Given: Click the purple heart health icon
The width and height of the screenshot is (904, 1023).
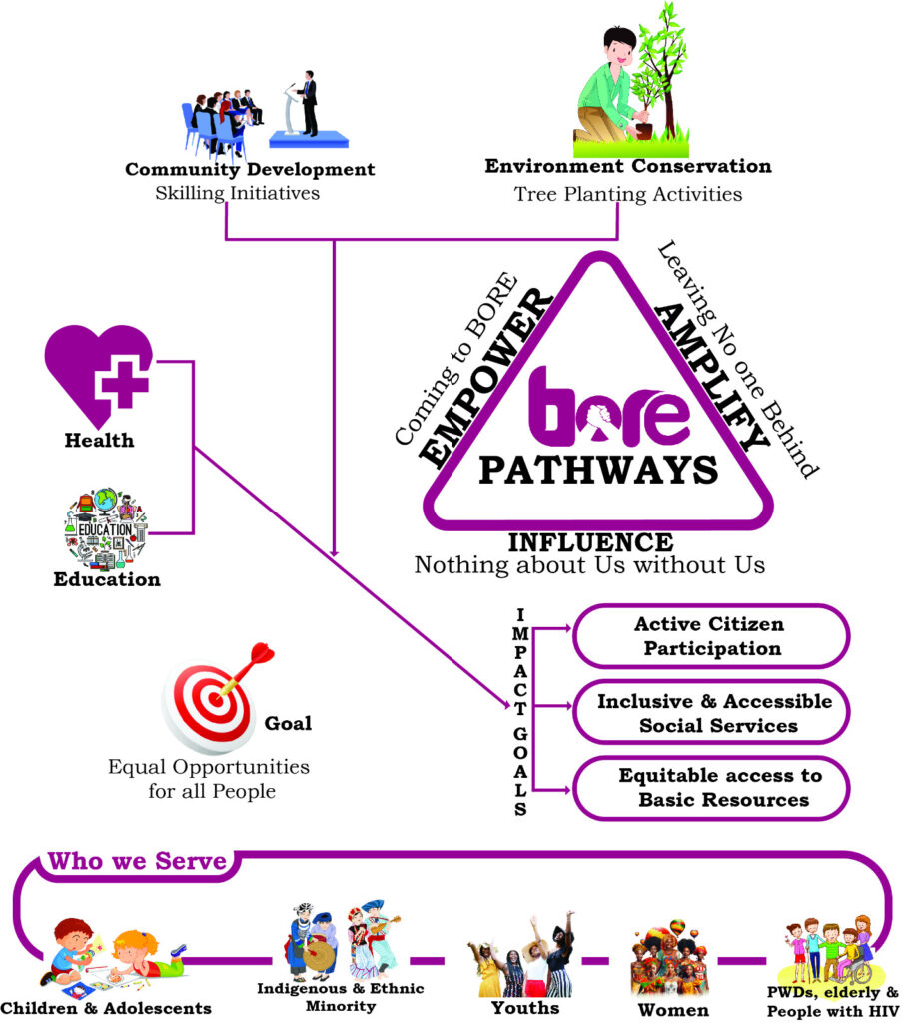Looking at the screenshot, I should click(x=99, y=375).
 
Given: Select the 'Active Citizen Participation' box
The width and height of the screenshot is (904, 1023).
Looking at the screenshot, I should click(x=710, y=636).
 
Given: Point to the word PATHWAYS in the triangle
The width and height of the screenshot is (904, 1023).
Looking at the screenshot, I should click(x=597, y=469).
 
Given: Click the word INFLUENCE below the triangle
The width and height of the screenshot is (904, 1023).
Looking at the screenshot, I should click(x=590, y=542).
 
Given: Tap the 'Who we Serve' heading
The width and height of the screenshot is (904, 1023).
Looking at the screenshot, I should click(x=137, y=861).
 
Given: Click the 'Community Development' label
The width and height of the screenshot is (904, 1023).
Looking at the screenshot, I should click(x=250, y=169).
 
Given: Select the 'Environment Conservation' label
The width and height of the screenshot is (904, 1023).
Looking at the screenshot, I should click(x=627, y=166).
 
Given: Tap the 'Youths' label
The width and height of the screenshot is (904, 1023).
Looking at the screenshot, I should click(x=525, y=1007).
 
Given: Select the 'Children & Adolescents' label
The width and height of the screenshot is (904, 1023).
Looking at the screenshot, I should click(x=107, y=1008).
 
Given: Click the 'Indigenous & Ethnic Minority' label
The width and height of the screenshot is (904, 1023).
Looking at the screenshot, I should click(x=342, y=996).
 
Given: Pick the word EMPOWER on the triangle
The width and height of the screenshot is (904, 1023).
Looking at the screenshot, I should click(x=485, y=378).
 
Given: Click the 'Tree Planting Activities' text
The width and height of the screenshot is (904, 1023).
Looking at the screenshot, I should click(x=627, y=194).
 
